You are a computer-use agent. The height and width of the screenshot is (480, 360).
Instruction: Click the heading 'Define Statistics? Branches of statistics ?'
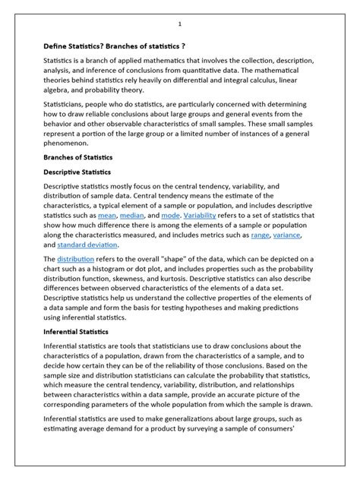[115, 46]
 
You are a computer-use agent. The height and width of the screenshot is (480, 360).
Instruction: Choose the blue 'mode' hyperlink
[192, 216]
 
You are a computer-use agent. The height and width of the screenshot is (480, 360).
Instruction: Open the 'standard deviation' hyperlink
[87, 245]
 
